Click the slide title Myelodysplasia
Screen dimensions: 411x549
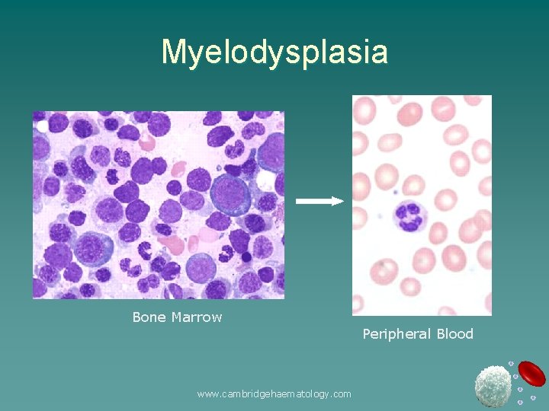(x=274, y=53)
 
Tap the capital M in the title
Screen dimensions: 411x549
(x=172, y=53)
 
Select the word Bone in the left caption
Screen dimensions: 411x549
(x=149, y=317)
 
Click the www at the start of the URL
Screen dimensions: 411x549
(x=206, y=394)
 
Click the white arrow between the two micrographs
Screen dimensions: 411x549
(x=319, y=201)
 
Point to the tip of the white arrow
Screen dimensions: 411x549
(x=343, y=201)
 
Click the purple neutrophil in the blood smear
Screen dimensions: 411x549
(x=410, y=215)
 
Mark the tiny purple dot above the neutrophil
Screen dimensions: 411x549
(x=395, y=192)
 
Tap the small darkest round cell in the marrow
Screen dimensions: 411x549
(x=246, y=257)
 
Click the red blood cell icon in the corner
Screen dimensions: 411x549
(x=531, y=374)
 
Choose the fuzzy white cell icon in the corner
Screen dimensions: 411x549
(x=493, y=386)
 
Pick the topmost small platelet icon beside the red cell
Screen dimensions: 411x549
(x=511, y=363)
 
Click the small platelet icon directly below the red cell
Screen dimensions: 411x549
(x=533, y=397)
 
